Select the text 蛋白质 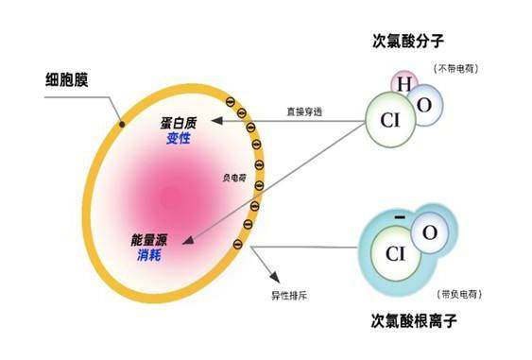(x=178, y=124)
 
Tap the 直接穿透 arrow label (x=304, y=111)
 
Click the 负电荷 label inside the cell (x=233, y=177)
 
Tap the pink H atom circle (x=403, y=85)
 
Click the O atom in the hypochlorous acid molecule (x=424, y=106)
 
